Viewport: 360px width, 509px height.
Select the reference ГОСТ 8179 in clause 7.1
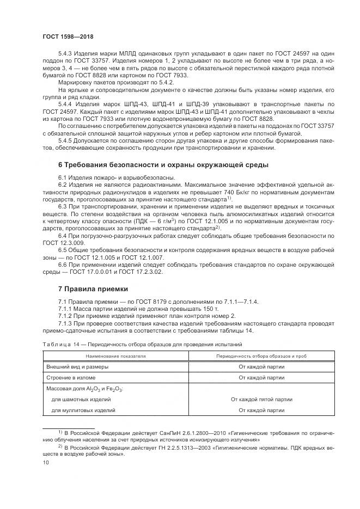(x=144, y=301)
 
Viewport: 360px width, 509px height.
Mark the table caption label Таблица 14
(x=62, y=345)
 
